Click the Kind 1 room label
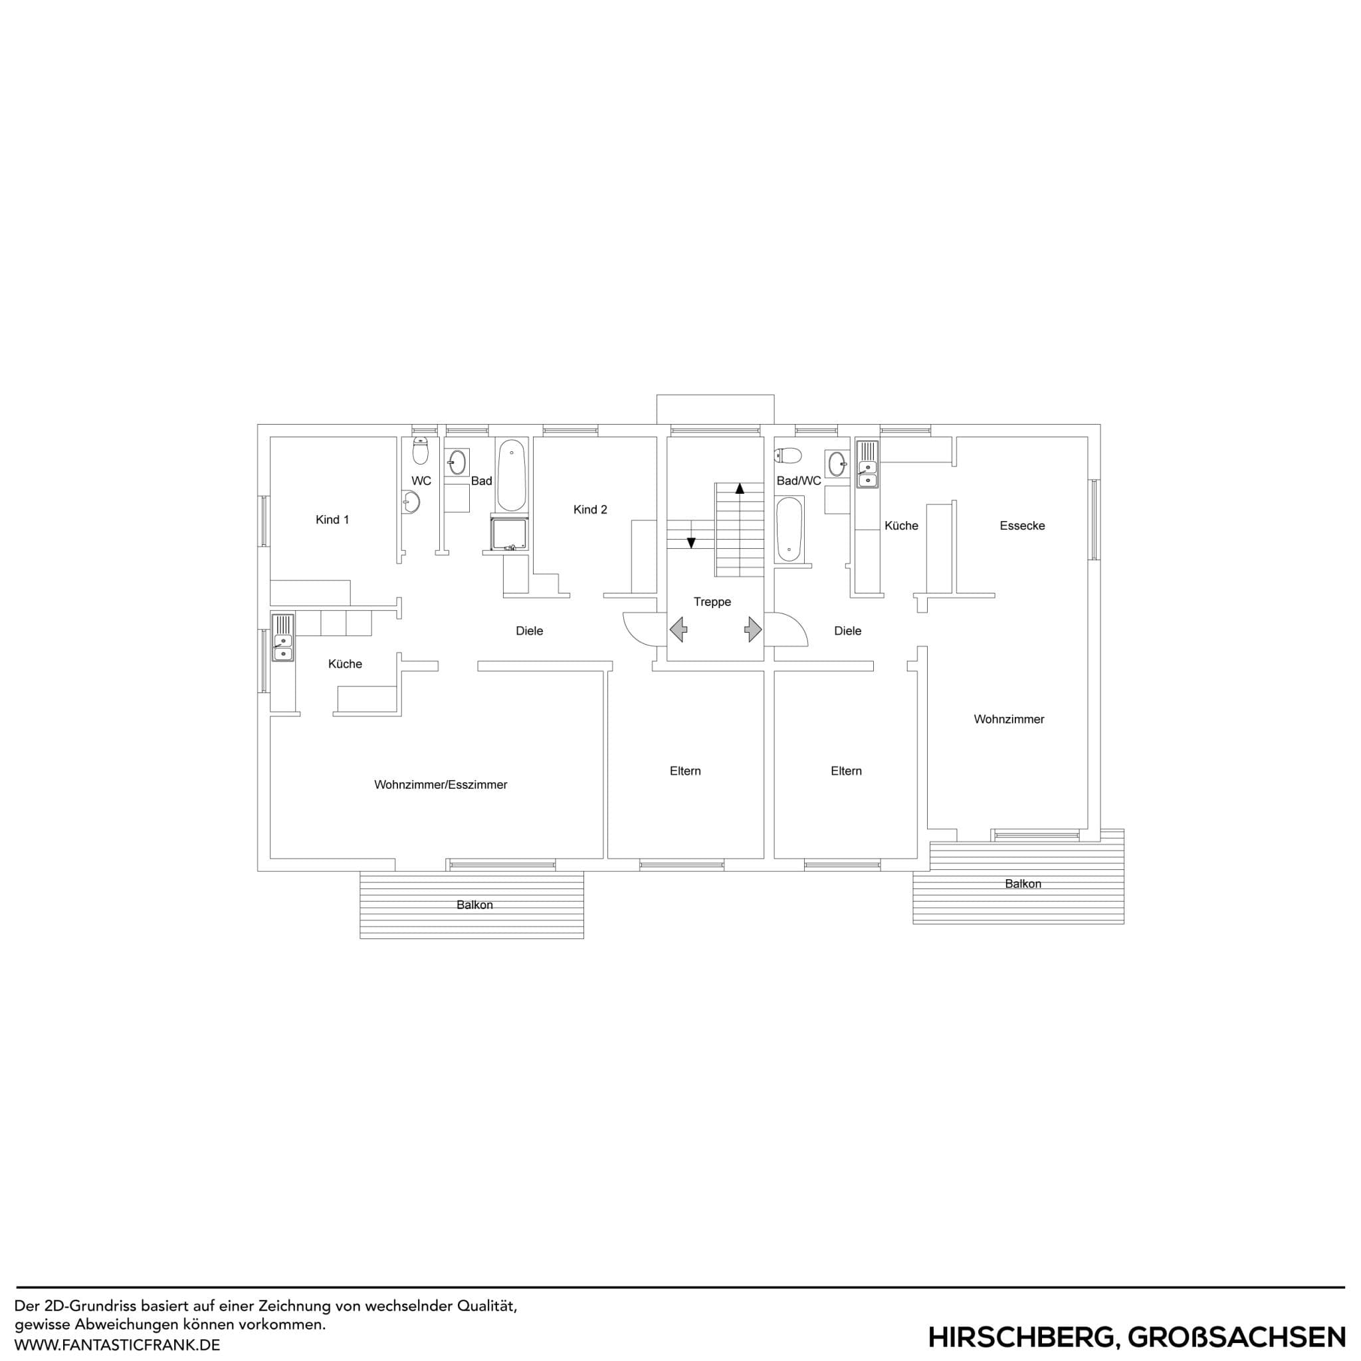(x=332, y=520)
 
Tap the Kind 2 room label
(x=589, y=510)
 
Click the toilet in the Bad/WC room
(x=789, y=456)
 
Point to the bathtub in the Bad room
(x=511, y=476)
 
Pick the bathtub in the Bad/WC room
(x=788, y=528)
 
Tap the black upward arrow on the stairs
(x=739, y=488)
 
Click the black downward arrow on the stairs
(x=691, y=542)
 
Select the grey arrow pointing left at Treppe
(x=679, y=629)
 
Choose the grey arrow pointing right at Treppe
(x=753, y=629)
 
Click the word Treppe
(x=712, y=602)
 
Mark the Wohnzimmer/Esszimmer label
(x=441, y=785)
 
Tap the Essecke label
(x=1021, y=526)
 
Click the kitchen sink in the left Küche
(x=283, y=637)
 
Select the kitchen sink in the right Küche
(x=867, y=465)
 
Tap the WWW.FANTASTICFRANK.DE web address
(x=117, y=1345)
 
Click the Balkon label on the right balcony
(x=1022, y=884)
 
